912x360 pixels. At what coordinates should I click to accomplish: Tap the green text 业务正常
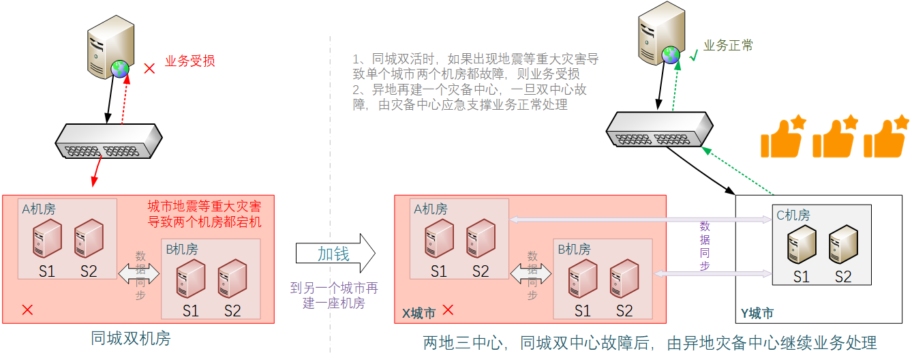pyautogui.click(x=729, y=46)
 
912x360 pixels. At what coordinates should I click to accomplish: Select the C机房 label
pyautogui.click(x=793, y=215)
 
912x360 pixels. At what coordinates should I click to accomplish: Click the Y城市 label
pyautogui.click(x=757, y=314)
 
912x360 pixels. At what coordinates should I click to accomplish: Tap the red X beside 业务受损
pyautogui.click(x=149, y=68)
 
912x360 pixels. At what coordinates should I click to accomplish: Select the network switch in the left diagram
pyautogui.click(x=108, y=141)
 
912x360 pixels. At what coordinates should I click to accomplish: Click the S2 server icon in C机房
pyautogui.click(x=843, y=244)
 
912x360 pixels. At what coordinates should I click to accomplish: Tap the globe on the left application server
pyautogui.click(x=121, y=68)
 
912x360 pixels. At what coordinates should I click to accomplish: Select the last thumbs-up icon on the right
pyautogui.click(x=886, y=136)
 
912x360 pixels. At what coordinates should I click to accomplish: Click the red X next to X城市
pyautogui.click(x=448, y=310)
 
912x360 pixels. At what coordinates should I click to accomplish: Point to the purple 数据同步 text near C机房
pyautogui.click(x=705, y=245)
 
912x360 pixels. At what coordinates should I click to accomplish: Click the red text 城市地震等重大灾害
pyautogui.click(x=204, y=205)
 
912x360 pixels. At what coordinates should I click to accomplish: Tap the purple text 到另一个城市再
pyautogui.click(x=334, y=288)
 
